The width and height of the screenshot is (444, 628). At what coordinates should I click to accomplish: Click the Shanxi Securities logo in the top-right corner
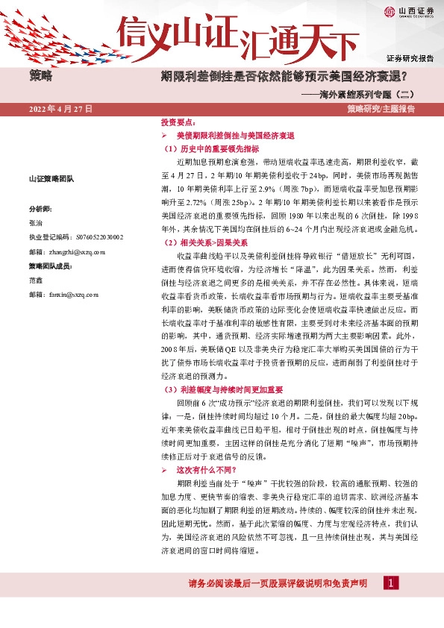[410, 11]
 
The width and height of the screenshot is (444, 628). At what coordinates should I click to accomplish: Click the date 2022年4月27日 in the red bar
[60, 109]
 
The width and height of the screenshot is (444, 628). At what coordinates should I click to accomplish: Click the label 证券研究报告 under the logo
[410, 57]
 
